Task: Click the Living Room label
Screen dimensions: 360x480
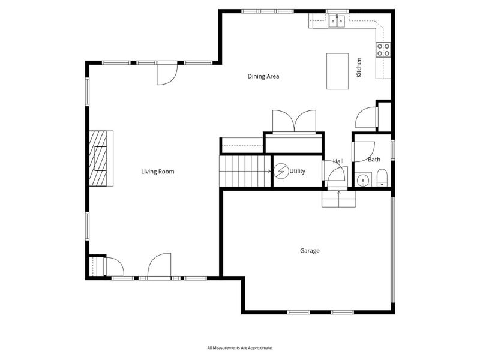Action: click(x=158, y=172)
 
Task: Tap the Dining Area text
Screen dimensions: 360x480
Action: click(x=263, y=76)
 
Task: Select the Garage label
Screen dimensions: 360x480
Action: click(x=310, y=251)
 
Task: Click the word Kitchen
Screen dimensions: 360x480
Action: click(x=359, y=67)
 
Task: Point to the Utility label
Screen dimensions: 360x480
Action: click(x=297, y=171)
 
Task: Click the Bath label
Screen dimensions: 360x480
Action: click(x=374, y=160)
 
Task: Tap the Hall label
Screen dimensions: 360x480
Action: click(x=338, y=161)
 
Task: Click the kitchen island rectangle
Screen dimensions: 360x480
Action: click(x=337, y=71)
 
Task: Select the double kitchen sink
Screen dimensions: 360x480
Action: click(x=337, y=22)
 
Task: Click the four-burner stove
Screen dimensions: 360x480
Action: click(x=383, y=50)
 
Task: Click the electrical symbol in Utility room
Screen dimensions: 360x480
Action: click(x=281, y=172)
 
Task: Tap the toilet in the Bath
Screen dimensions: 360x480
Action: click(x=382, y=178)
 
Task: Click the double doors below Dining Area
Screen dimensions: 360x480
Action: click(x=294, y=121)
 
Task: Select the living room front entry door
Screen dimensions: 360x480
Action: click(x=159, y=266)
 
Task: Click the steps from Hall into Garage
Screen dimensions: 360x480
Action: click(x=339, y=199)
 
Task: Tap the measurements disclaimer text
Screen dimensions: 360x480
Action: click(x=239, y=347)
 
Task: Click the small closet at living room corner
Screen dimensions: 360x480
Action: click(x=97, y=266)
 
